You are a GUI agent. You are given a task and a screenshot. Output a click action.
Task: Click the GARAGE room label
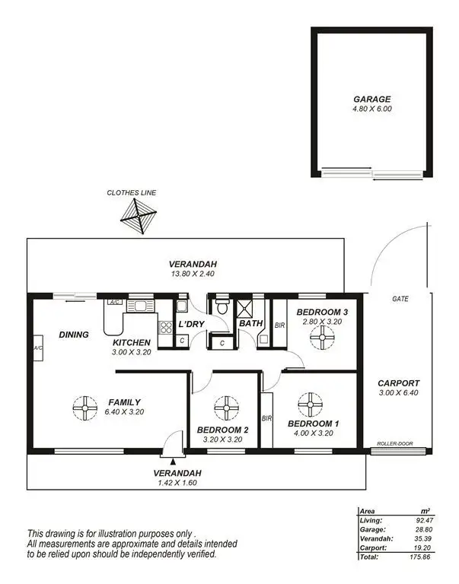[x=371, y=99]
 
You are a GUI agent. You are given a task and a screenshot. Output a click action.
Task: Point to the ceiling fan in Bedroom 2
[x=225, y=408]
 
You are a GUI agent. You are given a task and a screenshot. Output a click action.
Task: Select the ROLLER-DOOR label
[x=394, y=443]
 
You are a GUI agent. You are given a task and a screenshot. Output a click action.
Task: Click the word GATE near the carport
[x=400, y=299]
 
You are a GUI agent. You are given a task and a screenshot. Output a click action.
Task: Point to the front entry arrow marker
[x=174, y=461]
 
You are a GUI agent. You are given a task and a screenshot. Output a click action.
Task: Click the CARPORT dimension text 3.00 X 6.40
[x=399, y=394]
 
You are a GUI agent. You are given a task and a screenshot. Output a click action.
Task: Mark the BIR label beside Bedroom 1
[x=266, y=418]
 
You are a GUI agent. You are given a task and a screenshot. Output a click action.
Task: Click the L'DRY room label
[x=190, y=325]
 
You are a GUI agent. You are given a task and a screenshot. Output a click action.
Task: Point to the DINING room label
[x=73, y=334]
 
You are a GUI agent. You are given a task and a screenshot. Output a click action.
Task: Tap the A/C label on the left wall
[x=37, y=348]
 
